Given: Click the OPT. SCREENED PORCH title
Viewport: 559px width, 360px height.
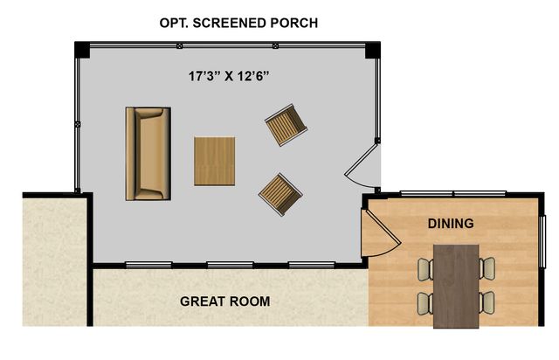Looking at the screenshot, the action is (x=238, y=23).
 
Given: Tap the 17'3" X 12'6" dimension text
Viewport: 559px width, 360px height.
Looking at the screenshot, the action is (x=228, y=76).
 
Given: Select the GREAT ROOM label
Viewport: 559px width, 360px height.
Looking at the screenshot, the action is (x=225, y=301).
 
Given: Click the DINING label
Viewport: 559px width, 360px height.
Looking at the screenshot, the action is (x=451, y=224).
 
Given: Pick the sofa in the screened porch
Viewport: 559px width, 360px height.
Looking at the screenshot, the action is (x=148, y=154).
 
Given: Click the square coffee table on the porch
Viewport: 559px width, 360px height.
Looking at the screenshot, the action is (x=214, y=162).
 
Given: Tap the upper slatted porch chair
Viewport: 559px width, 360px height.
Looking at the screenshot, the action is (x=286, y=125).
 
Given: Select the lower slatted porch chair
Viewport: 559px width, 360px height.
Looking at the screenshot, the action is (x=280, y=195).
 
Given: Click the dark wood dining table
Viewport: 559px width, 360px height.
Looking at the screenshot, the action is (x=456, y=286).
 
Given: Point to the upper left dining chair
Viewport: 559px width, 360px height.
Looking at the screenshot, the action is (x=425, y=269).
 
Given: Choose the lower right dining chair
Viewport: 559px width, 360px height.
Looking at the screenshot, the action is (x=487, y=303).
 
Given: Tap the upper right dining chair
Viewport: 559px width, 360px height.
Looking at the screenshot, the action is (x=487, y=268).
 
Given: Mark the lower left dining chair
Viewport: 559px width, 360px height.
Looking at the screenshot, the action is (x=425, y=303).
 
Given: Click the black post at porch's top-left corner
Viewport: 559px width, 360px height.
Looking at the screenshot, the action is (x=82, y=49).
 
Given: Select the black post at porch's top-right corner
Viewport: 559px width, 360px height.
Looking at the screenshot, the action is (x=373, y=50).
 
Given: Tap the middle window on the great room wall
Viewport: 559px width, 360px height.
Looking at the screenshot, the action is (x=230, y=265).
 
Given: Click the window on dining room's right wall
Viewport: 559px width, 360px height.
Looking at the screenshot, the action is (x=543, y=241).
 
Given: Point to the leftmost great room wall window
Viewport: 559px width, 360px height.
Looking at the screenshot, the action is (x=148, y=265).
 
